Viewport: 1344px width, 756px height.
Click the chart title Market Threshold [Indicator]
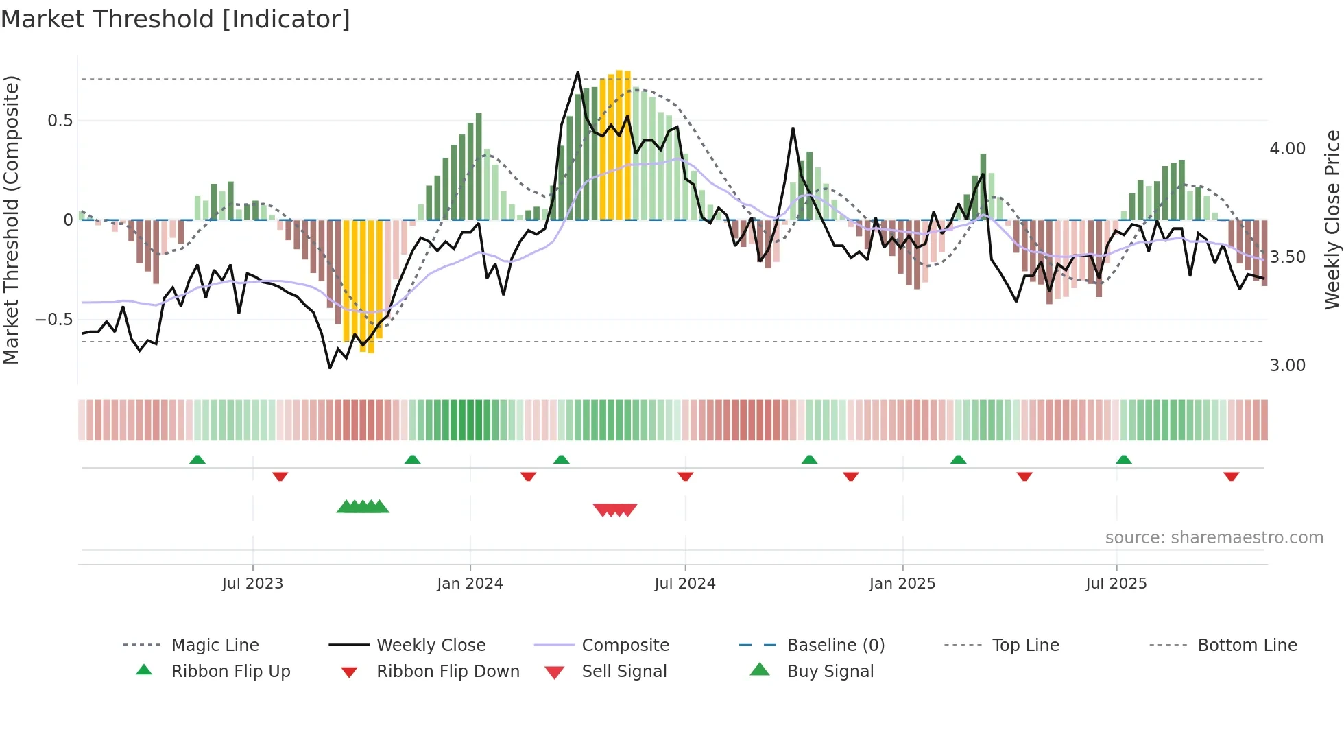pyautogui.click(x=176, y=19)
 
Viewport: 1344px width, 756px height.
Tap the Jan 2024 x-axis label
pyautogui.click(x=470, y=584)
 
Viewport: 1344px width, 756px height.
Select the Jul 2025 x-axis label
pyautogui.click(x=1116, y=584)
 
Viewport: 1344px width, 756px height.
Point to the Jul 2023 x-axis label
pyautogui.click(x=252, y=584)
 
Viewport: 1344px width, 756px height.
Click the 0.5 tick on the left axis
pyautogui.click(x=60, y=121)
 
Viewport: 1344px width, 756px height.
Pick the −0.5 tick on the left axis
pyautogui.click(x=54, y=320)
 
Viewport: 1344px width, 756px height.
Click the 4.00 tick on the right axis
pyautogui.click(x=1287, y=149)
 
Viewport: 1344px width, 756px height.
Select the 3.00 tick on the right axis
pyautogui.click(x=1287, y=366)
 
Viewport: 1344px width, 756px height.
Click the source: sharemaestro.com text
pyautogui.click(x=1214, y=538)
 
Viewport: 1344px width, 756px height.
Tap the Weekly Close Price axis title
pyautogui.click(x=1332, y=220)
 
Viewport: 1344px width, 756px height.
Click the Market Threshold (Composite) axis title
pyautogui.click(x=11, y=220)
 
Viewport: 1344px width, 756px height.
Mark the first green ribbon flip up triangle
pyautogui.click(x=197, y=460)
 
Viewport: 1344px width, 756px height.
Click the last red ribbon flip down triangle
pyautogui.click(x=1231, y=476)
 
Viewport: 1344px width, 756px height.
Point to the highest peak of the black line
pyautogui.click(x=577, y=72)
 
